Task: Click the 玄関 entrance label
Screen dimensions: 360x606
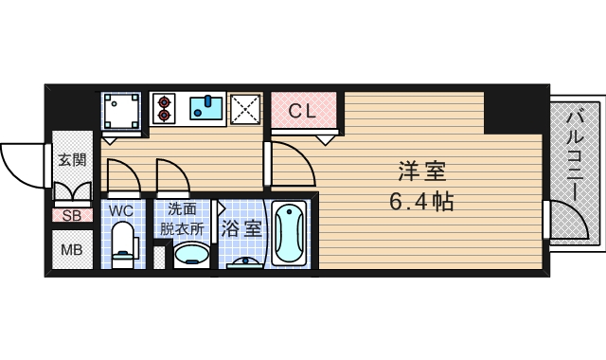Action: click(x=71, y=159)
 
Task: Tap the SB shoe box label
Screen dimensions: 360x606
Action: click(x=71, y=215)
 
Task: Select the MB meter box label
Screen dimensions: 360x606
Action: click(x=71, y=250)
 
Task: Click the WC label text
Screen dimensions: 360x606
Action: click(x=121, y=209)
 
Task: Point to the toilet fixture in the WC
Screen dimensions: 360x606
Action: click(x=122, y=245)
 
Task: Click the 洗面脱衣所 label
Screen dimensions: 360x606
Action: click(x=180, y=219)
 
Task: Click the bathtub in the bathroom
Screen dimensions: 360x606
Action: click(x=289, y=233)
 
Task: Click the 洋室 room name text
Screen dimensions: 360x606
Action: click(x=420, y=172)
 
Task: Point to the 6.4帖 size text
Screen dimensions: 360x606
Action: click(x=420, y=202)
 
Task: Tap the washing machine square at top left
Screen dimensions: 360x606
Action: click(x=121, y=111)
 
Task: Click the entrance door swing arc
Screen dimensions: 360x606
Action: click(x=24, y=161)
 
